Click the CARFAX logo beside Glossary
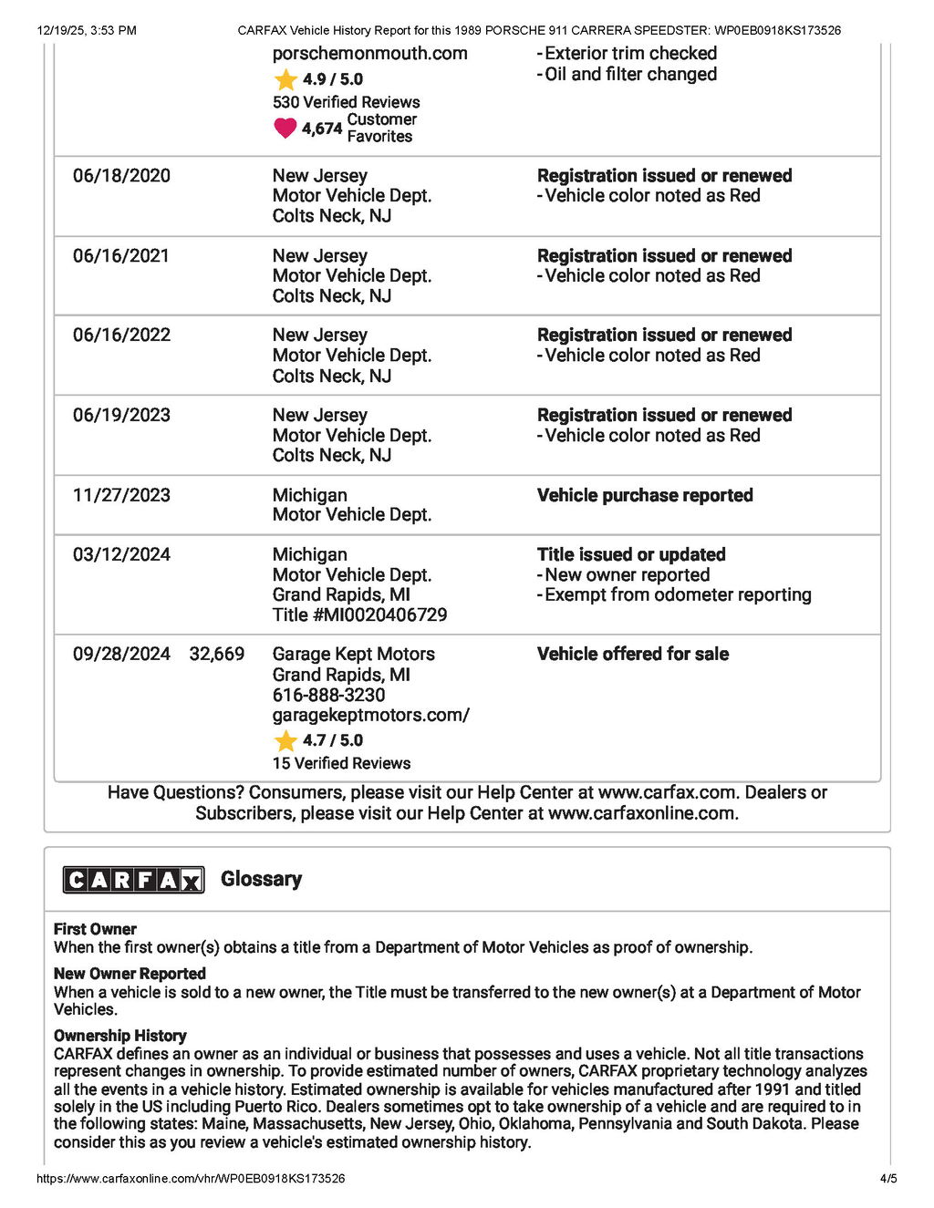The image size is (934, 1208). [133, 880]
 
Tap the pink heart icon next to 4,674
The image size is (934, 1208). [285, 129]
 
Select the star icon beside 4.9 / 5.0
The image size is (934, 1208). [285, 79]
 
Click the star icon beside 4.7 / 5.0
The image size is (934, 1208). [285, 740]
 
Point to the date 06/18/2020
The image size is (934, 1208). [121, 176]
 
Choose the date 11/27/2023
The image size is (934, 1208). [121, 495]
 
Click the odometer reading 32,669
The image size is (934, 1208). [217, 654]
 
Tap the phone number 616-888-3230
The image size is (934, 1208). [328, 695]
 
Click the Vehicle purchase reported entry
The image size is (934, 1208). [645, 495]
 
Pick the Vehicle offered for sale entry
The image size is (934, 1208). [633, 654]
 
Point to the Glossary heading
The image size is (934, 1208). [261, 879]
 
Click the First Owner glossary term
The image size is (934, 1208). [95, 929]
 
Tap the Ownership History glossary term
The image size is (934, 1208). [119, 1036]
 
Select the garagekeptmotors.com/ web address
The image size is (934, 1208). [370, 715]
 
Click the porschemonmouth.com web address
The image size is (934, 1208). [369, 53]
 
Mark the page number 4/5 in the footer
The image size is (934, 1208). [888, 1178]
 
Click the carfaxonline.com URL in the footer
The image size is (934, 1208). [191, 1178]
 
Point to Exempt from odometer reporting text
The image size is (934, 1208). [678, 594]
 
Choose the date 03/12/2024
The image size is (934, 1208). [121, 554]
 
